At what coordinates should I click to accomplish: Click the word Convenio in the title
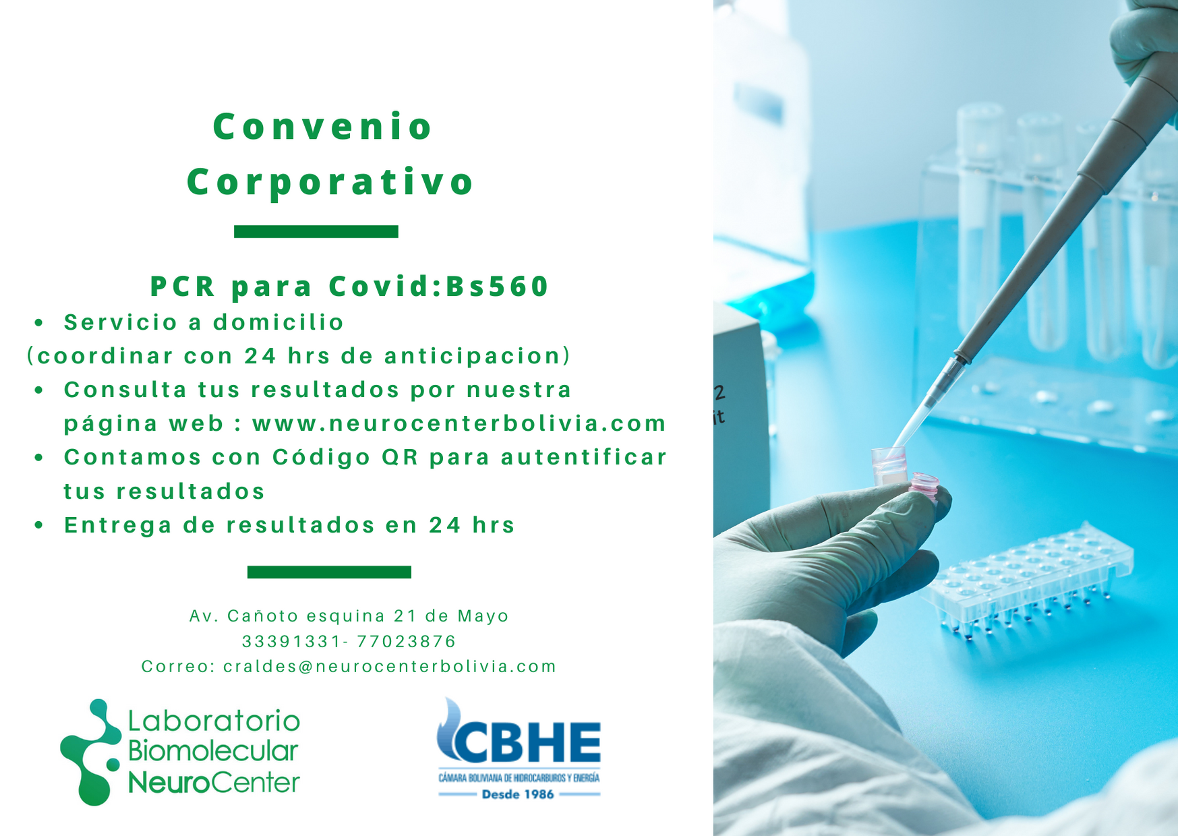[322, 127]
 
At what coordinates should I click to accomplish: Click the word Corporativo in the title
[330, 182]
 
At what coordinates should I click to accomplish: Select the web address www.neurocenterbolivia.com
[459, 423]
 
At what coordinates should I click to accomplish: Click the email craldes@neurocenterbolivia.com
[390, 667]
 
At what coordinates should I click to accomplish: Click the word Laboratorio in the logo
[214, 721]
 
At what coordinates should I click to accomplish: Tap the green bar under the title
[316, 231]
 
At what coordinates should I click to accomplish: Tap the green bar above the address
[329, 572]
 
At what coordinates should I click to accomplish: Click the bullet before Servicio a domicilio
[39, 324]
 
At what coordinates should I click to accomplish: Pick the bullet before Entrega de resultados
[39, 526]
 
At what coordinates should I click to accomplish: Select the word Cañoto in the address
[263, 616]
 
